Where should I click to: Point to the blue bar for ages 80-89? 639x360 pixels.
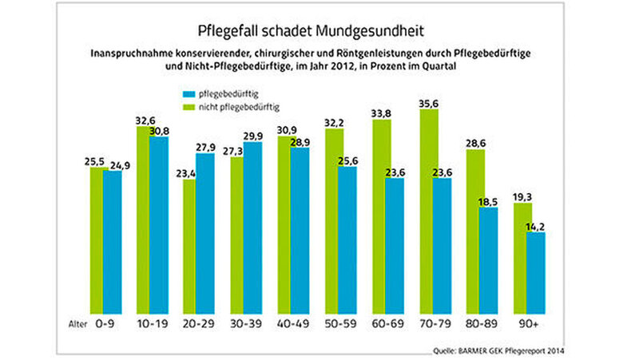489,259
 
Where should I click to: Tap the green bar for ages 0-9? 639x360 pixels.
99,238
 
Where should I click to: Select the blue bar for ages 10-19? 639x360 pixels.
159,223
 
